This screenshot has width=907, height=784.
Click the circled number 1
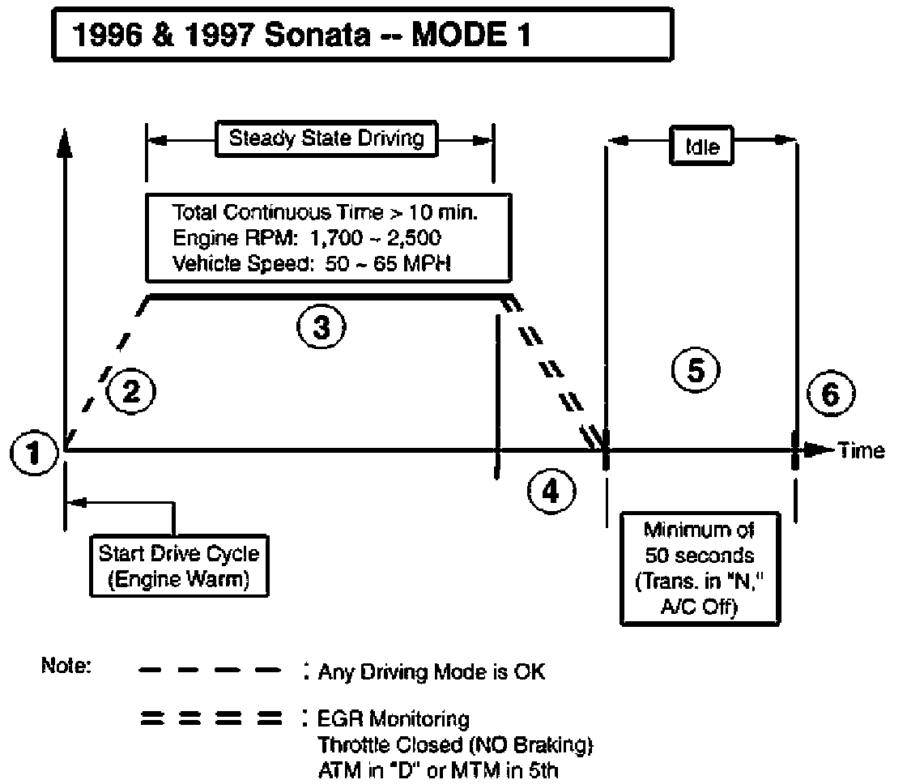(32, 453)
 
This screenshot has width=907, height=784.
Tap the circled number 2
(131, 392)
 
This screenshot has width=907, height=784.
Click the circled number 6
(830, 394)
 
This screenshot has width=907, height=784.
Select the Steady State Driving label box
(326, 138)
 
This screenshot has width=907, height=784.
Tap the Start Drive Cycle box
(179, 565)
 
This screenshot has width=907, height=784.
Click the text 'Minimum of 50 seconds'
(700, 544)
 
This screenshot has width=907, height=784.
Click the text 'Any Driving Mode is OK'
(432, 672)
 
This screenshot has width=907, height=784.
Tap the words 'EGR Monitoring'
(394, 718)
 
